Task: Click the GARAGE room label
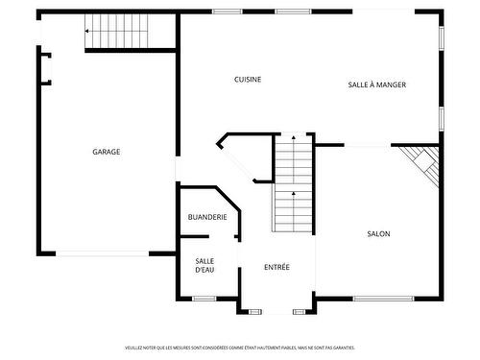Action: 106,152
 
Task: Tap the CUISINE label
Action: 248,80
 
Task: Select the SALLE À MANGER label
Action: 376,84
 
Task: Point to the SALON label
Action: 378,233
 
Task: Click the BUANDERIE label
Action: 207,218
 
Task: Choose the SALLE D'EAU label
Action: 204,265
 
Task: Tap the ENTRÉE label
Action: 276,267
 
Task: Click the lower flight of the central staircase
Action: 294,211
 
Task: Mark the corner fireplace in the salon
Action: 422,164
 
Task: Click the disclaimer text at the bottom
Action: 240,348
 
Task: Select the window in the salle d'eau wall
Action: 204,299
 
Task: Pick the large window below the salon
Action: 383,299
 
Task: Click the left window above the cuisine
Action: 227,12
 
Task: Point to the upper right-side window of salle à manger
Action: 442,36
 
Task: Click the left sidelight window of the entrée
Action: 254,311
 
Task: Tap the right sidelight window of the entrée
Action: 300,311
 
